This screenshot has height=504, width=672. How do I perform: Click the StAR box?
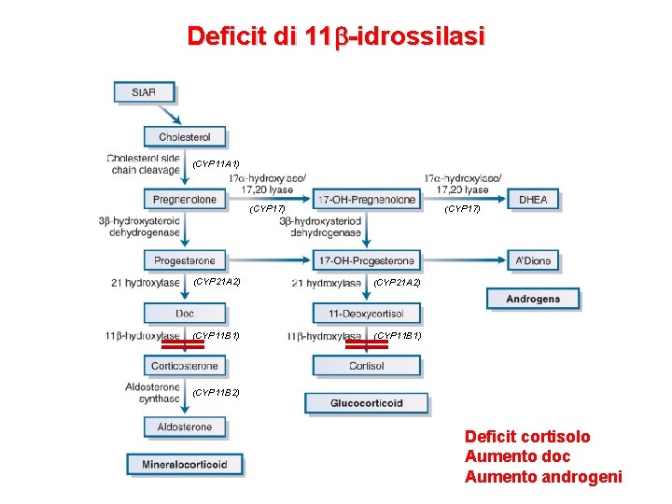pos(144,91)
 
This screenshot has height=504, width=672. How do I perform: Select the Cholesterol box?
pos(185,136)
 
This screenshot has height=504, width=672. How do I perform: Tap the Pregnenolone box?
pos(185,199)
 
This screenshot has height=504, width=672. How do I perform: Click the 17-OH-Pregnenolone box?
pos(367,199)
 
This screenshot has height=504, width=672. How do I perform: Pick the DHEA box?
pos(533,199)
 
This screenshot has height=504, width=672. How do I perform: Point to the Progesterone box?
pos(185,260)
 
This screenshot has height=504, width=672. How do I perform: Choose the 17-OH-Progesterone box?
pos(367,260)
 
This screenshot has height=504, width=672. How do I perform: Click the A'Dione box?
pos(533,260)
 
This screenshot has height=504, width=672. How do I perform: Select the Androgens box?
pos(533,299)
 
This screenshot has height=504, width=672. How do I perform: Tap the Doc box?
pos(185,313)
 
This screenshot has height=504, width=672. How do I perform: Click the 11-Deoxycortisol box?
pos(367,313)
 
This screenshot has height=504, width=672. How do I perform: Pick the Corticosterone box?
pos(185,366)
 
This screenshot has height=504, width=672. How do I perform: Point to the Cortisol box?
pos(367,366)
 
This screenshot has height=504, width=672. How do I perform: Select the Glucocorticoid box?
pos(367,403)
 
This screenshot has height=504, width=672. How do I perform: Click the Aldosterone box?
pos(185,427)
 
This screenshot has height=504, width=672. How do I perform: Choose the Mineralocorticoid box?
pos(185,464)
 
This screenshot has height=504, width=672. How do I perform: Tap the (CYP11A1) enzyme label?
pos(216,164)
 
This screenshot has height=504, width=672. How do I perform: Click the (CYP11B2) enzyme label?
pos(216,393)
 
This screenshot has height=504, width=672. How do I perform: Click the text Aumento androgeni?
pos(543,478)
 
